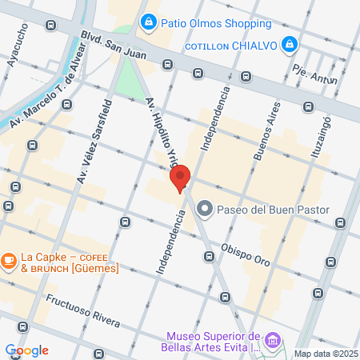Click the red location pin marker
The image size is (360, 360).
point(180,178)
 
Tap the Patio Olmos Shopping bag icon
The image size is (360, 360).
point(148,22)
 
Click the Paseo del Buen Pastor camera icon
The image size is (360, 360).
point(204,210)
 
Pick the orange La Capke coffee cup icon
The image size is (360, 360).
point(9,260)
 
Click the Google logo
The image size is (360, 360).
point(26,350)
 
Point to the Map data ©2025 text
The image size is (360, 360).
point(325,353)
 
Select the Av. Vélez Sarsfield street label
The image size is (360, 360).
point(94,142)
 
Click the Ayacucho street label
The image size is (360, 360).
point(17,44)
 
